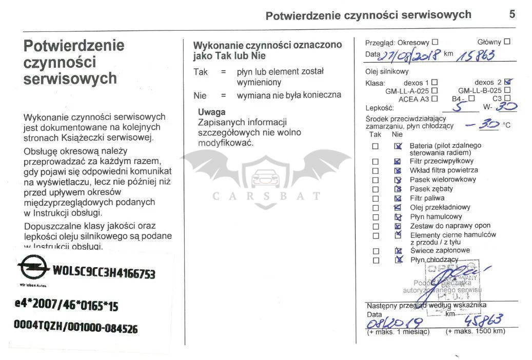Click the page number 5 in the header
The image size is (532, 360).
[512, 14]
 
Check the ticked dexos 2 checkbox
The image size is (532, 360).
[508, 82]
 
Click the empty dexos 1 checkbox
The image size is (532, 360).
[435, 82]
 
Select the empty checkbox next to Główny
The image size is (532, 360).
[507, 42]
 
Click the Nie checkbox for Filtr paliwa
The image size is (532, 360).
[397, 198]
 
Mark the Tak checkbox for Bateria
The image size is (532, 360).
[376, 146]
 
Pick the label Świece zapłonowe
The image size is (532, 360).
[440, 250]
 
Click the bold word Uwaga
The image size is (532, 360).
[211, 112]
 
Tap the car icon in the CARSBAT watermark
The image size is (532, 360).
[266, 177]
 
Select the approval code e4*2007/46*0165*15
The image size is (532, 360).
[66, 306]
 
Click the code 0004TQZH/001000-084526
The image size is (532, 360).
[75, 327]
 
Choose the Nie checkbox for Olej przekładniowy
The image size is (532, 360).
[397, 208]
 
